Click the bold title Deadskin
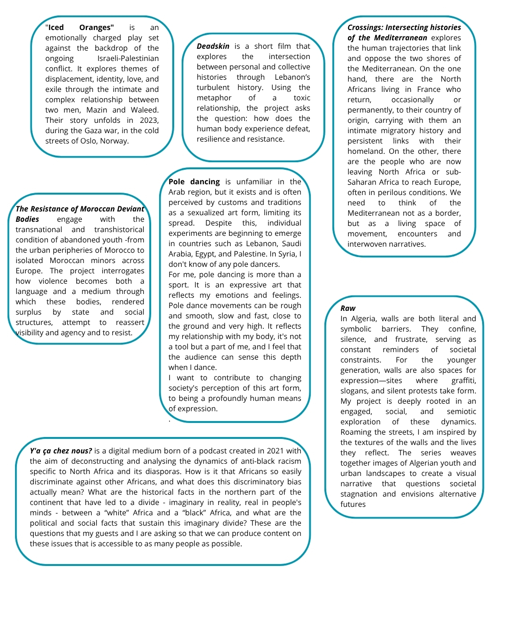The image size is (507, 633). [213, 46]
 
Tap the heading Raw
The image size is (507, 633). [348, 308]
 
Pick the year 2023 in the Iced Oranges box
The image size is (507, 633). [149, 120]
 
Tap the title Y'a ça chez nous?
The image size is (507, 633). [61, 451]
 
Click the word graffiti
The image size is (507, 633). [463, 380]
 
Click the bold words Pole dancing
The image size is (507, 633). [194, 181]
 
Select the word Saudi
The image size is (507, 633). [291, 243]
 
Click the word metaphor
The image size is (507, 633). [214, 98]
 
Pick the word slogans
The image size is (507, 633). [354, 391]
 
